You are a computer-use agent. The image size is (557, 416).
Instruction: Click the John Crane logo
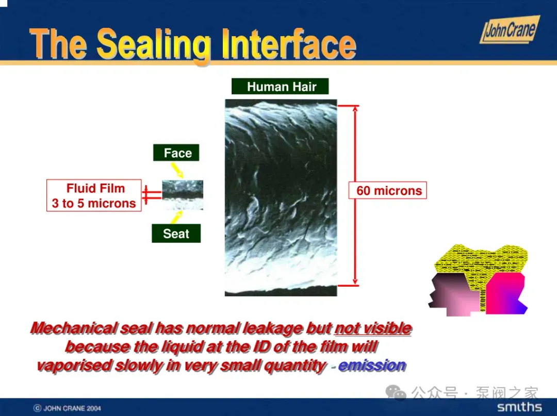coord(510,30)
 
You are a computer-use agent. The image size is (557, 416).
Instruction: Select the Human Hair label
coord(280,86)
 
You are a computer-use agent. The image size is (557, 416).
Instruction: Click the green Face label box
coord(176,153)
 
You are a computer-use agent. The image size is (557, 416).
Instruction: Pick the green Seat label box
coord(176,233)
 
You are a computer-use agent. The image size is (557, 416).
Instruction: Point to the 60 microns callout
coord(388,191)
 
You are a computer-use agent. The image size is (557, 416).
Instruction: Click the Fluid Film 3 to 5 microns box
coord(94,195)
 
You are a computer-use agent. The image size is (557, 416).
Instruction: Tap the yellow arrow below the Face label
coord(177,170)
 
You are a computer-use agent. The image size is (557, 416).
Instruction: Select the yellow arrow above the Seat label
coord(176,217)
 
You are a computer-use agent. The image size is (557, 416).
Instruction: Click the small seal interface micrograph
coord(183,195)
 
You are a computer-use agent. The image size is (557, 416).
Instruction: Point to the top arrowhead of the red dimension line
coord(355,108)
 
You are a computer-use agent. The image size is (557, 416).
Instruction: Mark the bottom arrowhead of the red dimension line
coord(355,282)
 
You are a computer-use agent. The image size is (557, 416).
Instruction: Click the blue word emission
coord(372,365)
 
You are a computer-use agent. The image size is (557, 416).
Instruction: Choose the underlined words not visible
coord(373,328)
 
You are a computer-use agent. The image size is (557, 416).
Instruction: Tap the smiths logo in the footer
coord(520,407)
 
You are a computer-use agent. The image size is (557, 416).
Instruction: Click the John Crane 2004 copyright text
coord(67,408)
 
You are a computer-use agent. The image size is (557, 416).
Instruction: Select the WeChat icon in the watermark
coord(396,392)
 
